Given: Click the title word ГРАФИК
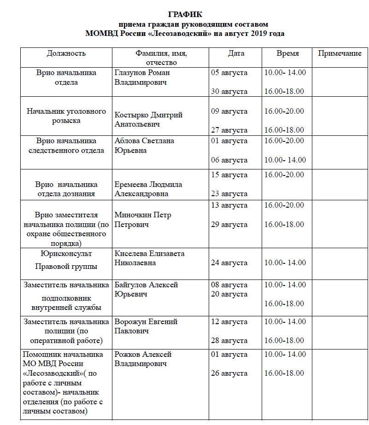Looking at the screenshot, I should tap(185, 15).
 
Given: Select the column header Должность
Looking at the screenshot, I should tap(66, 53).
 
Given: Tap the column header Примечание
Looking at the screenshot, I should tap(340, 53).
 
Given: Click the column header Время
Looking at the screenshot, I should tap(287, 53).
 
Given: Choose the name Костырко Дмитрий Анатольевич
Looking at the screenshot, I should tap(148, 120).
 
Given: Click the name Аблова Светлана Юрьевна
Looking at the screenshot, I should tap(144, 146).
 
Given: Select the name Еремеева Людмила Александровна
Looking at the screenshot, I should tap(148, 189).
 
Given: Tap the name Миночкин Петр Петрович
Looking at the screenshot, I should tap(142, 220).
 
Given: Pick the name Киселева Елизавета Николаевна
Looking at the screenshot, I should tap(149, 258).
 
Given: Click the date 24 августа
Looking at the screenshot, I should tap(229, 263).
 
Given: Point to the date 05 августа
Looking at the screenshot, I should tap(229, 73).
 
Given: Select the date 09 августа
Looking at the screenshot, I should tap(229, 111).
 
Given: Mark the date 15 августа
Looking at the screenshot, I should tap(229, 175).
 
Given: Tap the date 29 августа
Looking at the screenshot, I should tap(229, 225).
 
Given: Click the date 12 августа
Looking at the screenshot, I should tap(229, 322).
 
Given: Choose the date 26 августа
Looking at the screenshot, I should tap(229, 373).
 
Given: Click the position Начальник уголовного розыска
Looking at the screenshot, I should tap(66, 116).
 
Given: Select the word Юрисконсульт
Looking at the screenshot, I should tap(66, 254).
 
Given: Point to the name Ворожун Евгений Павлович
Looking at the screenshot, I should tap(146, 326).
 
